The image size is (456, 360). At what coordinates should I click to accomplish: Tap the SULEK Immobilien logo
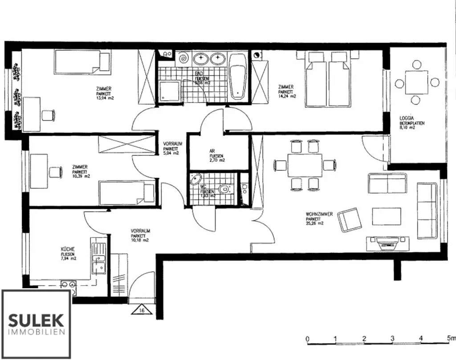(37, 324)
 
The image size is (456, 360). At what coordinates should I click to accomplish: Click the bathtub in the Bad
(238, 76)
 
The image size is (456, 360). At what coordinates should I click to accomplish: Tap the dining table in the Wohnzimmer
(305, 164)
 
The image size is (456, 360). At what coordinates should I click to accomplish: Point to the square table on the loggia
(416, 83)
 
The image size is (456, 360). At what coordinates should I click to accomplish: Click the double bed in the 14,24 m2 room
(327, 80)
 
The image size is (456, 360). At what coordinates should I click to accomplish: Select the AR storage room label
(212, 151)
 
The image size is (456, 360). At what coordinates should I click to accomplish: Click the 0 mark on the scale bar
(307, 339)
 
